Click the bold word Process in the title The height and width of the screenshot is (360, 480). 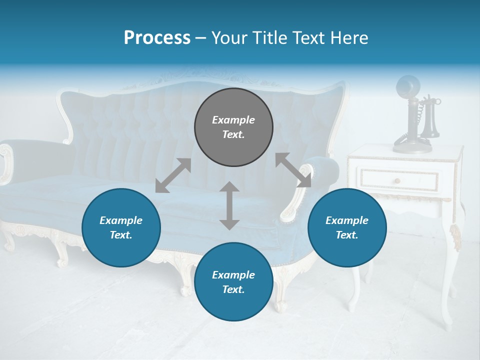point(157,37)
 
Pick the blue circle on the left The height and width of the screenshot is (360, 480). point(121,227)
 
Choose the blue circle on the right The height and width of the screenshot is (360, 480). point(347,227)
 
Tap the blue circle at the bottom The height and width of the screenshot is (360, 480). point(233,282)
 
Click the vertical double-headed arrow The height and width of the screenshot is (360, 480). point(229,205)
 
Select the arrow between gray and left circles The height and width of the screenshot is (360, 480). point(173,175)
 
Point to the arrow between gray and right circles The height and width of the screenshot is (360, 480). point(293,170)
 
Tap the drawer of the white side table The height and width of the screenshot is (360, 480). point(398,180)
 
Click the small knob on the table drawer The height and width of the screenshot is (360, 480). point(397,181)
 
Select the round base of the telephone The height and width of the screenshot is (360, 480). point(412,146)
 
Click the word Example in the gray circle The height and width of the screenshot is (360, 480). point(233,120)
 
